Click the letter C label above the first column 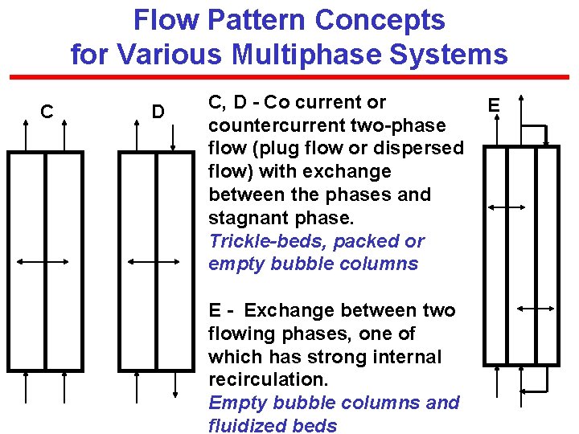[47, 111]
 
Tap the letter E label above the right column [494, 104]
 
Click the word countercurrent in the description [281, 125]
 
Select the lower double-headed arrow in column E [536, 308]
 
